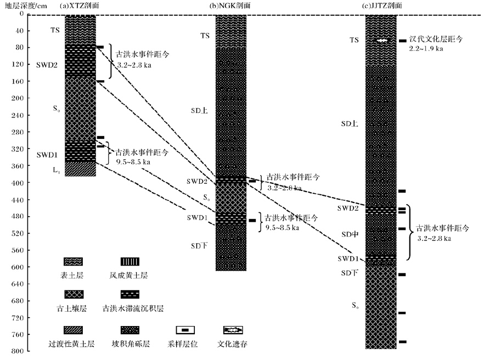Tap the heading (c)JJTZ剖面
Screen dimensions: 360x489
[381, 5]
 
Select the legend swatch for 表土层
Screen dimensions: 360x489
[74, 261]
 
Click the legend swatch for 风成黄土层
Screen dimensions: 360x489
[130, 261]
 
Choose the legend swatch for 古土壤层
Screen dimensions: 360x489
[74, 294]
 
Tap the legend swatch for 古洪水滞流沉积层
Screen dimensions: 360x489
[130, 294]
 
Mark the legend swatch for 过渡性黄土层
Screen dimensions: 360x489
[74, 330]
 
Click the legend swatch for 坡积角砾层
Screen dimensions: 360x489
[130, 330]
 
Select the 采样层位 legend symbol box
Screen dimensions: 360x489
[186, 330]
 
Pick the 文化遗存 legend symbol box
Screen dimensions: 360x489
[233, 330]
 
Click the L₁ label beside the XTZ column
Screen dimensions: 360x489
[57, 171]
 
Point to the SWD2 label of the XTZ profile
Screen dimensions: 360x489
[47, 64]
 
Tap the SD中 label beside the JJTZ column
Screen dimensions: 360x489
[350, 234]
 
